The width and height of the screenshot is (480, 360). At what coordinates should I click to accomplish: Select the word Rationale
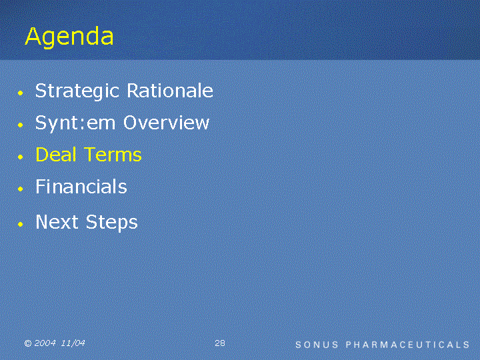coord(170,90)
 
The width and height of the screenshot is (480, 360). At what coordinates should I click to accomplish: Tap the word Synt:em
coord(75,123)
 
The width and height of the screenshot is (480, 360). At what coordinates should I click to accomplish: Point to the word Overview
coord(166,122)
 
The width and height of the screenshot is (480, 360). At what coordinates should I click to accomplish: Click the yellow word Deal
coord(56,154)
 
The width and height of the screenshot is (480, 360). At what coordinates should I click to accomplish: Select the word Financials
coord(81,186)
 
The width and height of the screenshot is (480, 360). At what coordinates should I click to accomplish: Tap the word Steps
coord(112,223)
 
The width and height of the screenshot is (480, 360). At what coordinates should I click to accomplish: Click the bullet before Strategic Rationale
coord(21,93)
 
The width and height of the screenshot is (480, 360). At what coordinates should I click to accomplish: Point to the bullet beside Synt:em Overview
coord(21,125)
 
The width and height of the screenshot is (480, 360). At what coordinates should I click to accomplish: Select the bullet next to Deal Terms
coord(21,157)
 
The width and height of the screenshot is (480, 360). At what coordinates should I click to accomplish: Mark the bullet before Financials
coord(21,189)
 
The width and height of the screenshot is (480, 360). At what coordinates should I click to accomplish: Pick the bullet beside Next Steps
coord(21,225)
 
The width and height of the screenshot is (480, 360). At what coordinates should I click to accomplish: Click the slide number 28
coord(220,343)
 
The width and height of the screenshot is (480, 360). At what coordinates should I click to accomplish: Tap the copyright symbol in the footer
coord(28,343)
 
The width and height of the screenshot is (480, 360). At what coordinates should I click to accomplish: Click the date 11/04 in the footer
coord(73,343)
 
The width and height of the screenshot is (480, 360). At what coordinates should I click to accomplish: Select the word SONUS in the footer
coord(317,345)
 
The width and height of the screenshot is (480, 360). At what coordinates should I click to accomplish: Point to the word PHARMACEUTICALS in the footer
coord(407,345)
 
